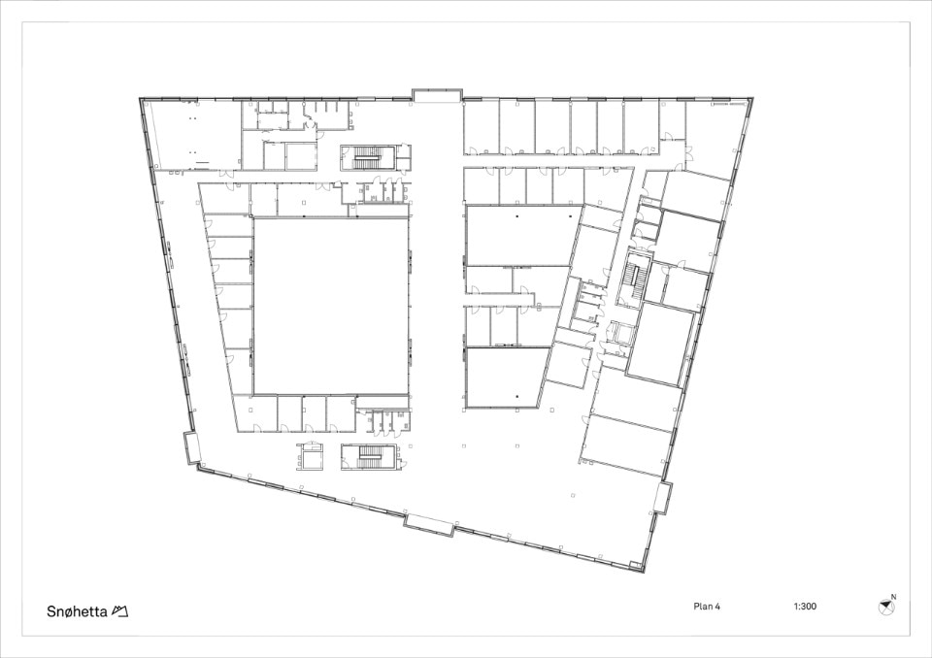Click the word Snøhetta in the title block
coord(77,611)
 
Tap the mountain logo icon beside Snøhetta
coord(119,611)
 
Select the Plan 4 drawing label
coord(707,607)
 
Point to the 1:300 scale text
coord(805,607)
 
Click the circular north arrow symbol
coord(885,607)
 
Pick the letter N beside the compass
coord(894,597)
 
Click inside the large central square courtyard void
coord(331,306)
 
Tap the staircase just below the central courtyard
coord(369,456)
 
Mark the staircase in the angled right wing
coord(635,279)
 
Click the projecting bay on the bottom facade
coord(430,525)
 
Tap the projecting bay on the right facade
coord(663,498)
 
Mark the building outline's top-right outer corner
coord(753,97)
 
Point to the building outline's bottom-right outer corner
coord(645,573)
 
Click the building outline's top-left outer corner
coord(140,98)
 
